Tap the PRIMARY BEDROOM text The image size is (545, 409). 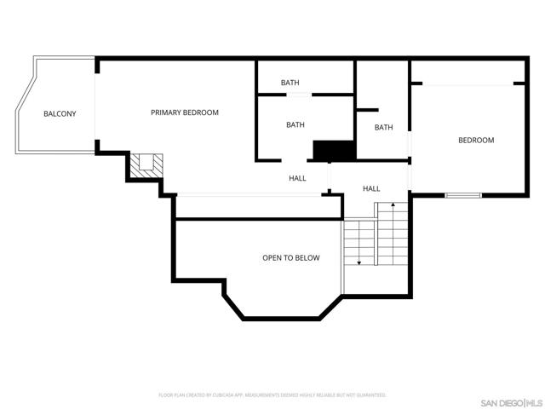[x=185, y=112]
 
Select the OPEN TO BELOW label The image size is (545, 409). [x=290, y=257]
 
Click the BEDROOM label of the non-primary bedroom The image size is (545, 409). [x=476, y=140]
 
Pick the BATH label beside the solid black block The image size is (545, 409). [x=295, y=125]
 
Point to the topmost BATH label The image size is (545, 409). [x=290, y=83]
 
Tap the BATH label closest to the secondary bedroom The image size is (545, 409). [x=383, y=127]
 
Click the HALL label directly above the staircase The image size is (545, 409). [x=371, y=188]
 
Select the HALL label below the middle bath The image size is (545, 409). [x=297, y=178]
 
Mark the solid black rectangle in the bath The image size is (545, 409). [x=334, y=150]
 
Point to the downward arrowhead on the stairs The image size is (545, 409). [x=359, y=262]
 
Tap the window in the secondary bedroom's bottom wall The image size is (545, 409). [x=462, y=195]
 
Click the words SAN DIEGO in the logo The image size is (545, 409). [x=500, y=402]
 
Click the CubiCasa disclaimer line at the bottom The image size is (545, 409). [x=272, y=395]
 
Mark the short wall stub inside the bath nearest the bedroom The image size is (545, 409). [x=367, y=110]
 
